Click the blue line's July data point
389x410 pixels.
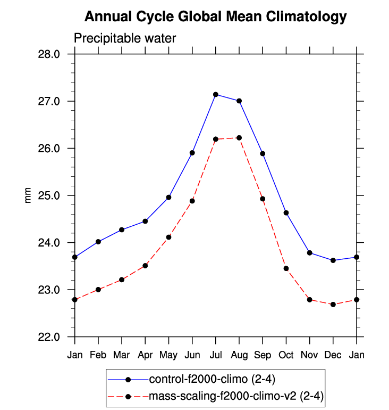216,95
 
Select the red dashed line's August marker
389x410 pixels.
239,138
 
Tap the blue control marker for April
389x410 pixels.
145,221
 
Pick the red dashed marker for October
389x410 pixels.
286,268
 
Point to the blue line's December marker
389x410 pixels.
333,260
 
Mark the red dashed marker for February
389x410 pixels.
98,290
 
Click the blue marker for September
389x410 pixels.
263,153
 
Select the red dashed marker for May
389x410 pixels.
168,237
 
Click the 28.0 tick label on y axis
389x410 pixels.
55,54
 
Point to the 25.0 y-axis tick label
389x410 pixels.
55,195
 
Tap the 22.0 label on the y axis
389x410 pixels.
55,337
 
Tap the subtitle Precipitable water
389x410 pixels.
124,38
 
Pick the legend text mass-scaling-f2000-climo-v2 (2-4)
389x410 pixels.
236,396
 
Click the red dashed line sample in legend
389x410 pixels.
128,396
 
